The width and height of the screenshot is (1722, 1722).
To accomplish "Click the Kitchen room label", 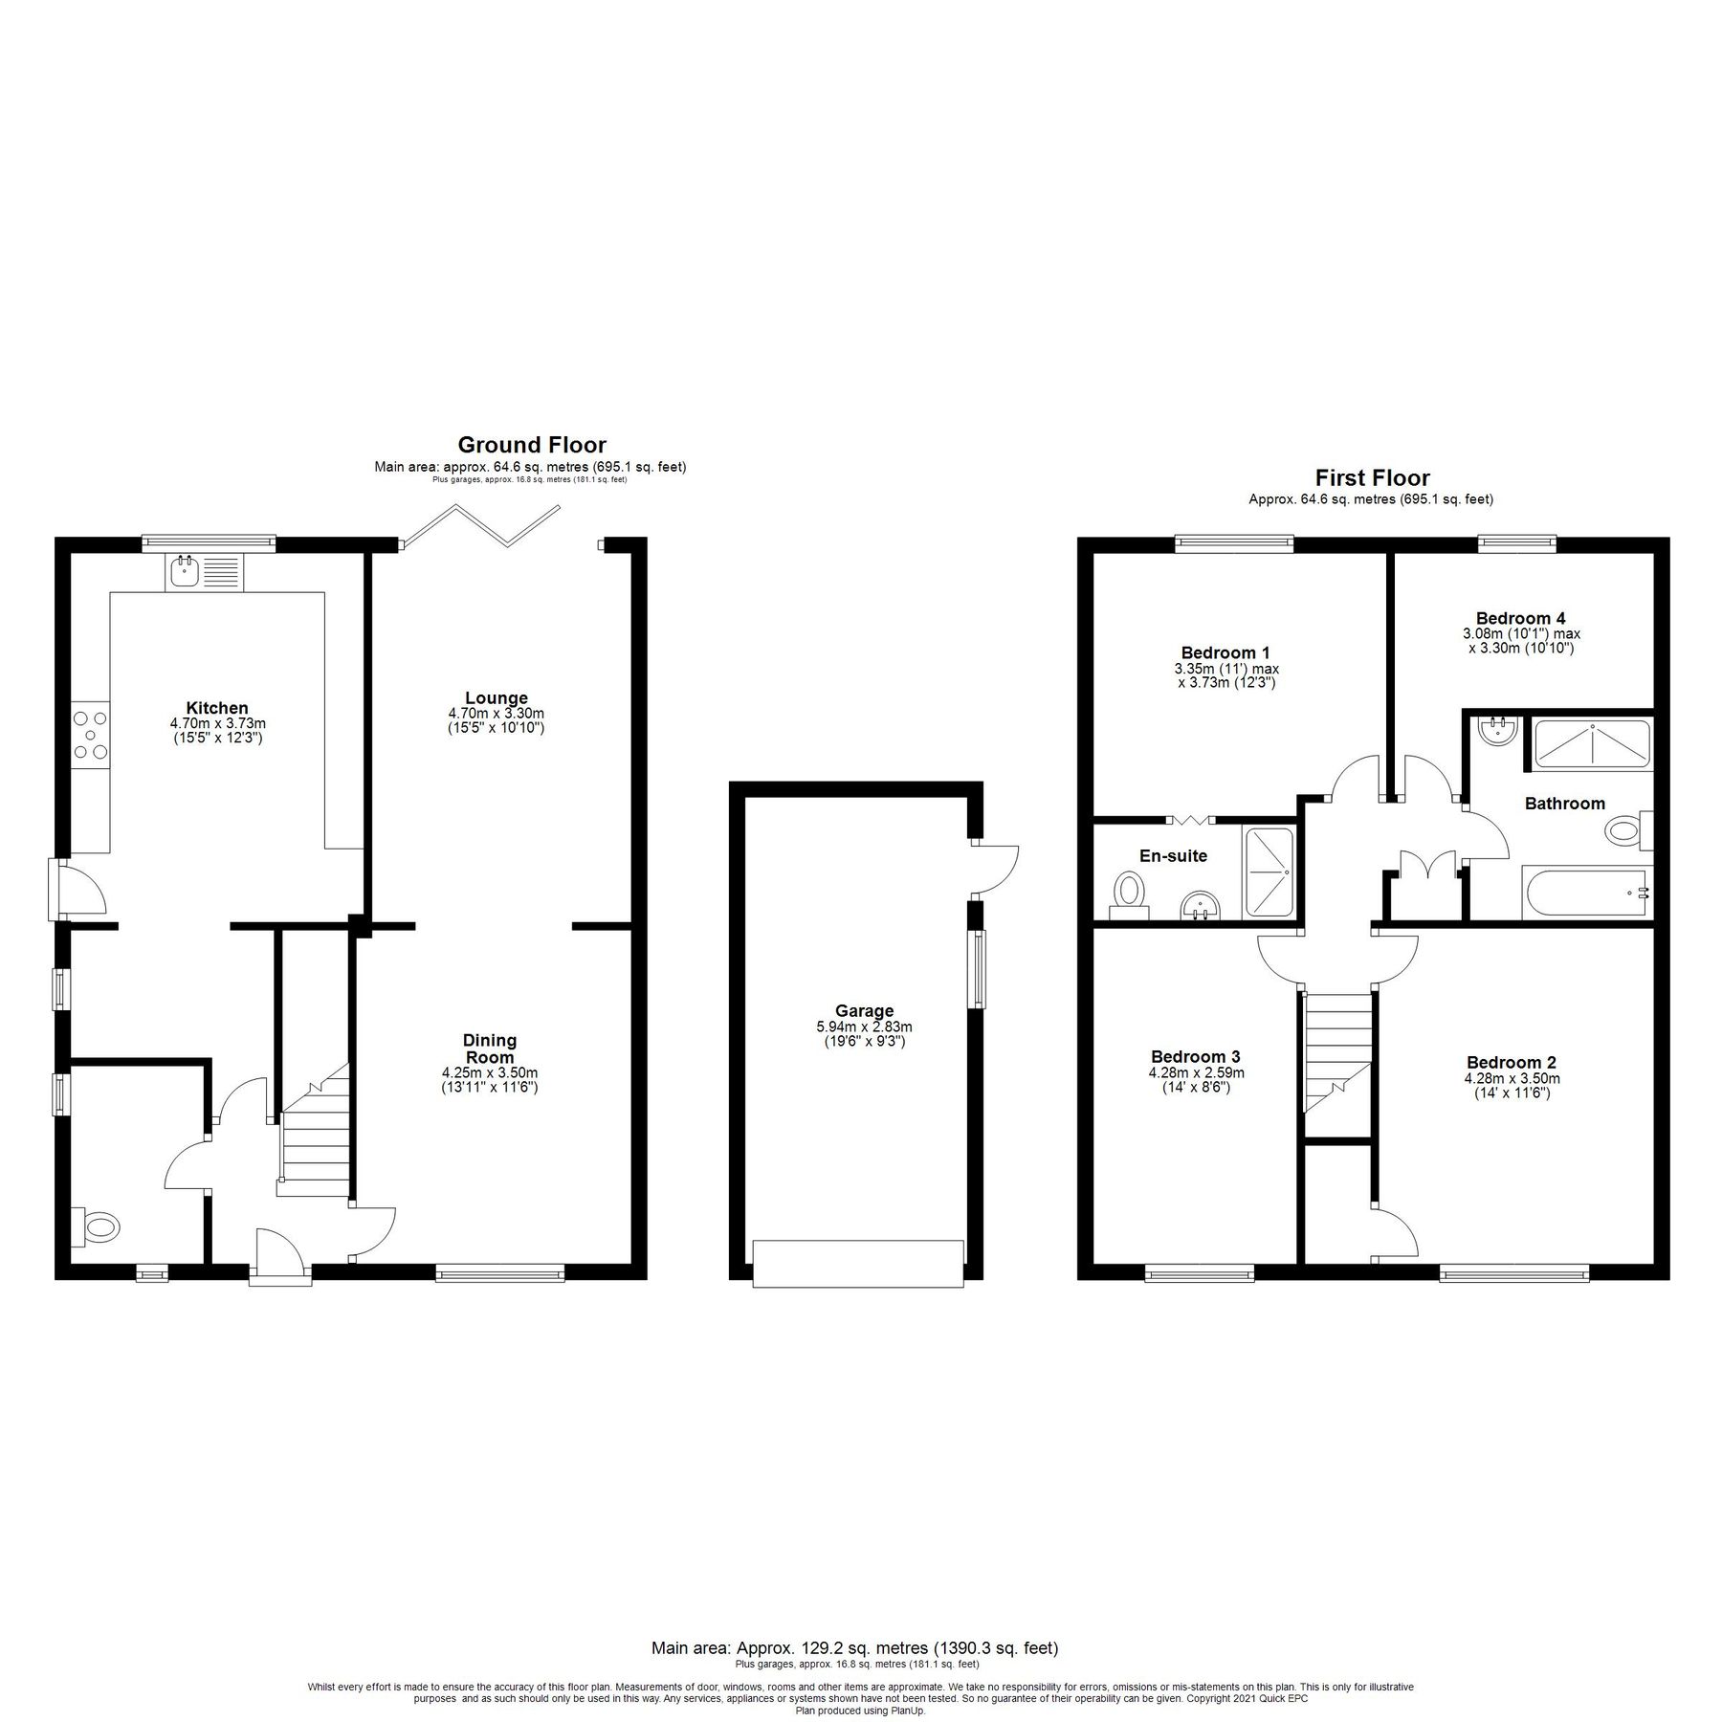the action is point(218,709).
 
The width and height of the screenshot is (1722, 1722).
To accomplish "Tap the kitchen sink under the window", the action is point(204,572).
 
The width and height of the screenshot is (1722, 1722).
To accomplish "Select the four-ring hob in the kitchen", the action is point(90,734).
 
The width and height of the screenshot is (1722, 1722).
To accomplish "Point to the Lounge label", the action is point(497,698).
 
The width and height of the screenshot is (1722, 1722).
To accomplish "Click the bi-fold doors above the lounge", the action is point(480,526).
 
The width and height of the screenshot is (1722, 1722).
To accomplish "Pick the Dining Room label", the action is point(490,1049).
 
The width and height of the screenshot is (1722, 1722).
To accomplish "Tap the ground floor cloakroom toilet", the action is point(96,1225).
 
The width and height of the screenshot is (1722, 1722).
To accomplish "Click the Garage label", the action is point(865,1011).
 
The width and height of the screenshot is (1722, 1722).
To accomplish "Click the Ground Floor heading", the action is point(532,445).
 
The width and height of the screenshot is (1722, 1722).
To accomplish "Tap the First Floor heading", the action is point(1372,477).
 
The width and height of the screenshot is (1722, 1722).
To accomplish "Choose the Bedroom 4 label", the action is point(1521,618).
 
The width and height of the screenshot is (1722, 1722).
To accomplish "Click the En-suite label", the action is point(1173,856).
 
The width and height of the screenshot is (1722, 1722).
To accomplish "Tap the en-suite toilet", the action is point(1129,894).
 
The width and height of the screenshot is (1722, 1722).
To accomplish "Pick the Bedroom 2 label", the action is point(1512,1063).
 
